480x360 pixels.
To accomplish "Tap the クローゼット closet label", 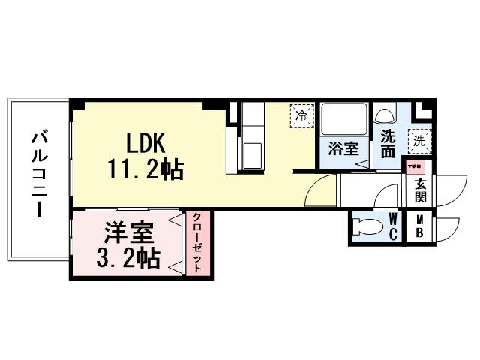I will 197,243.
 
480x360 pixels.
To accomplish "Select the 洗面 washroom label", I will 388,144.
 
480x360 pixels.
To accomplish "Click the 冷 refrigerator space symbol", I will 301,115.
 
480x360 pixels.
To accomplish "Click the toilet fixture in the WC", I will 367,227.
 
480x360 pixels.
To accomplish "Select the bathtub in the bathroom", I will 343,119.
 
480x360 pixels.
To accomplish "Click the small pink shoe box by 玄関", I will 414,167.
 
